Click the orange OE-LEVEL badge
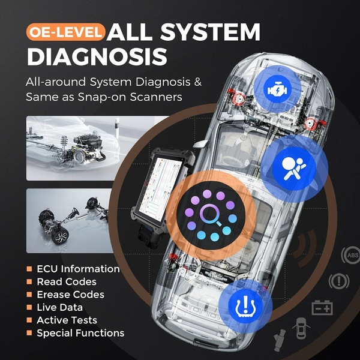pyautogui.click(x=65, y=32)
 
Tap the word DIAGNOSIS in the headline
pyautogui.click(x=97, y=57)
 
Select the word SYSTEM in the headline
pyautogui.click(x=210, y=32)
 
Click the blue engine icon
pyautogui.click(x=277, y=89)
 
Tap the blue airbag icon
pyautogui.click(x=294, y=169)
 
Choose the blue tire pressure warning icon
pyautogui.click(x=245, y=306)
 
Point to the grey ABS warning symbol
pyautogui.click(x=351, y=255)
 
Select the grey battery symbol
pyautogui.click(x=322, y=308)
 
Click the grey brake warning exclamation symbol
pyautogui.click(x=339, y=281)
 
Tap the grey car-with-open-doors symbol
pyautogui.click(x=301, y=329)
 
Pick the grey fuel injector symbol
pyautogui.click(x=280, y=340)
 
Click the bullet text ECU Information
pyautogui.click(x=78, y=269)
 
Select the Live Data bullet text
pyautogui.click(x=59, y=307)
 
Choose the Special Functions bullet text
pyautogui.click(x=80, y=333)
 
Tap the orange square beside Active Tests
pyautogui.click(x=29, y=320)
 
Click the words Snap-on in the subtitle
pyautogui.click(x=102, y=97)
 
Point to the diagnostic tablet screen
pyautogui.click(x=160, y=187)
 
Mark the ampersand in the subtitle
pyautogui.click(x=198, y=82)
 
